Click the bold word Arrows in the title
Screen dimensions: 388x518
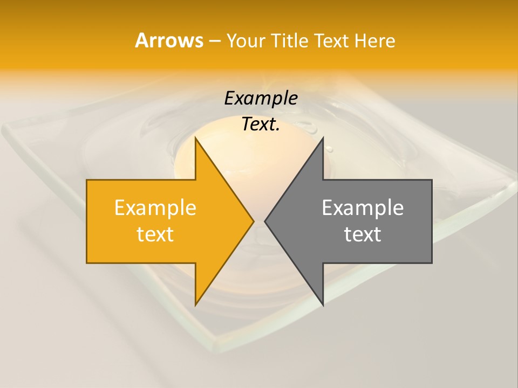(169, 40)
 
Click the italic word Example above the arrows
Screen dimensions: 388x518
(261, 98)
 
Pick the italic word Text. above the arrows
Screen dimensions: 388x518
(261, 124)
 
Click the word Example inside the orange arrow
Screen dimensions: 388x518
(155, 207)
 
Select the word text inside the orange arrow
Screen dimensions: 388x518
(155, 234)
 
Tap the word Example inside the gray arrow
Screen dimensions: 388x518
(363, 207)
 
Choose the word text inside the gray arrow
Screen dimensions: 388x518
(363, 234)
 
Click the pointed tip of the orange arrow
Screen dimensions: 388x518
(253, 221)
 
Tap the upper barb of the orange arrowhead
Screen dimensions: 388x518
(197, 141)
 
